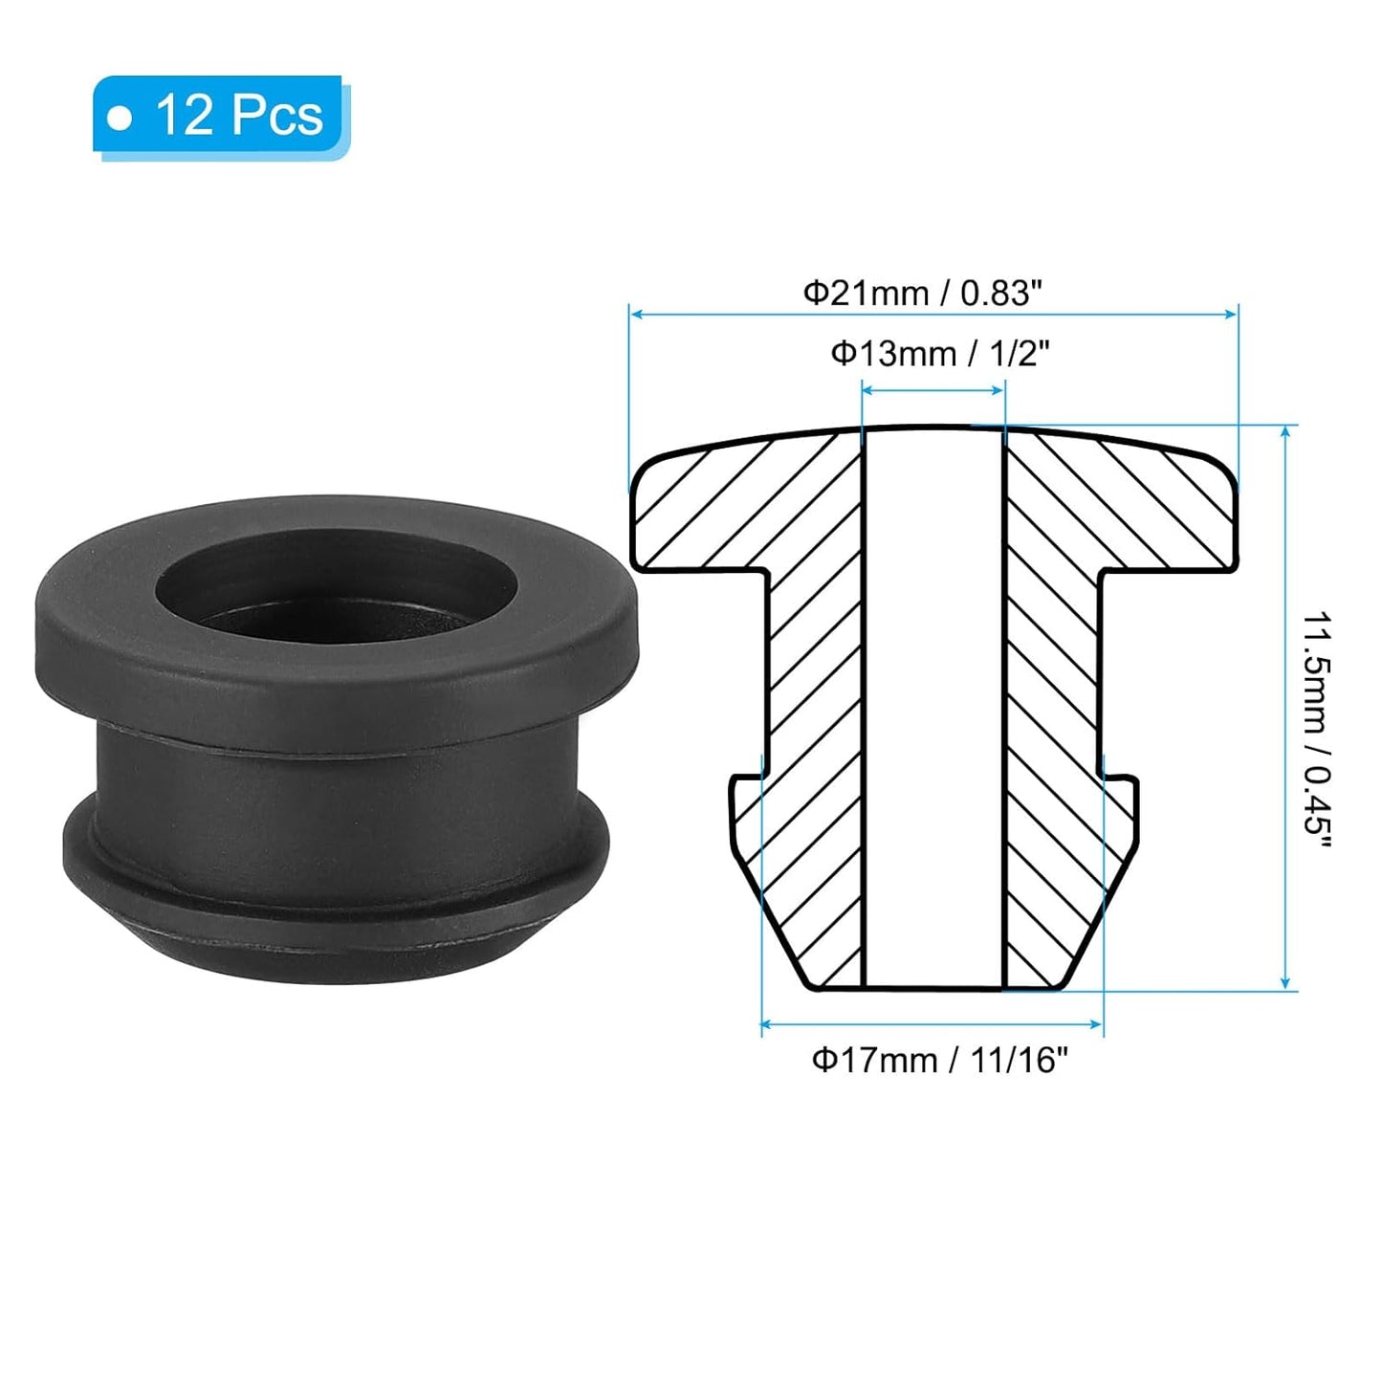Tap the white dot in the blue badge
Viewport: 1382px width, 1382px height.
click(120, 117)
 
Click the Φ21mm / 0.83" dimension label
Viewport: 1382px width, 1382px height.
click(920, 292)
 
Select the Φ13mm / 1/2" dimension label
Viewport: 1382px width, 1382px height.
click(939, 354)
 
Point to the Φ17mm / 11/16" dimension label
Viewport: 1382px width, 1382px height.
click(938, 1060)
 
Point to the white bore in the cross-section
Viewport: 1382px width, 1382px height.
click(932, 708)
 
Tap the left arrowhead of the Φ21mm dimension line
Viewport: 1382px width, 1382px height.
click(635, 313)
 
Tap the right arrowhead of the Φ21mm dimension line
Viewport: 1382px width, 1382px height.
click(1233, 313)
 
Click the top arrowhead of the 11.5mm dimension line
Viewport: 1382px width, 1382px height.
click(1285, 432)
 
